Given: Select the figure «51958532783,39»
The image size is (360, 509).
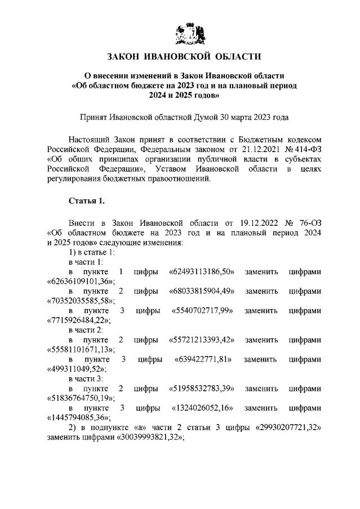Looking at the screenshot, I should click(202, 388).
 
